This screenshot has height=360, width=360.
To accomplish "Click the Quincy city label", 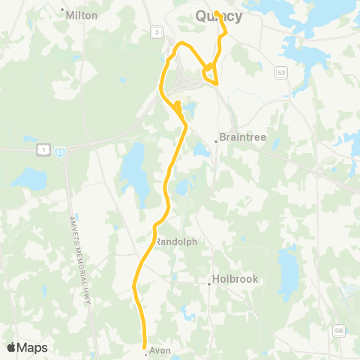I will pyautogui.click(x=218, y=17).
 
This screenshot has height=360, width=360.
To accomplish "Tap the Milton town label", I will pyautogui.click(x=82, y=15).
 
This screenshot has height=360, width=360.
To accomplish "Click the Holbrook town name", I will pyautogui.click(x=233, y=279).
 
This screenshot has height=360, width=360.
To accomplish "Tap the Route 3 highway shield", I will pyautogui.click(x=156, y=31).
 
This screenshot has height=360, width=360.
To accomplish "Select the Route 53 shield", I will pyautogui.click(x=280, y=72).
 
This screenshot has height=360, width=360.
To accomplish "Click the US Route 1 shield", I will pyautogui.click(x=45, y=150).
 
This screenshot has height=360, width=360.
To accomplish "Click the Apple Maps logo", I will pyautogui.click(x=27, y=347).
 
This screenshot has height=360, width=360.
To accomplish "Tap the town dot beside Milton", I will pyautogui.click(x=63, y=10).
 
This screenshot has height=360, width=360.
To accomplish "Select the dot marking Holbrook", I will pyautogui.click(x=209, y=283).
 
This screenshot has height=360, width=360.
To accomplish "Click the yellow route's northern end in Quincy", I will pyautogui.click(x=216, y=13).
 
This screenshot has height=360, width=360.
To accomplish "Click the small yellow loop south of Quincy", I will pyautogui.click(x=209, y=73).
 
